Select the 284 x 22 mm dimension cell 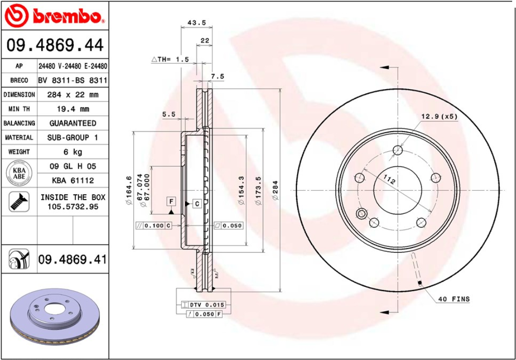[73, 95]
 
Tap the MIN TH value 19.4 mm [73, 109]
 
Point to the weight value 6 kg [73, 152]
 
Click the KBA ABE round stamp [19, 173]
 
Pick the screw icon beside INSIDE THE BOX [19, 202]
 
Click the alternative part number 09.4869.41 [72, 260]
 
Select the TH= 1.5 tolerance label [171, 59]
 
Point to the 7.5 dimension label [218, 76]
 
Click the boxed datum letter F [171, 201]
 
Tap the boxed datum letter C [197, 204]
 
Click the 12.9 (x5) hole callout [439, 116]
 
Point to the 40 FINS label [454, 299]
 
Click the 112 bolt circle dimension [389, 180]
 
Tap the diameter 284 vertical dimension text [275, 190]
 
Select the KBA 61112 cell [73, 180]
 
